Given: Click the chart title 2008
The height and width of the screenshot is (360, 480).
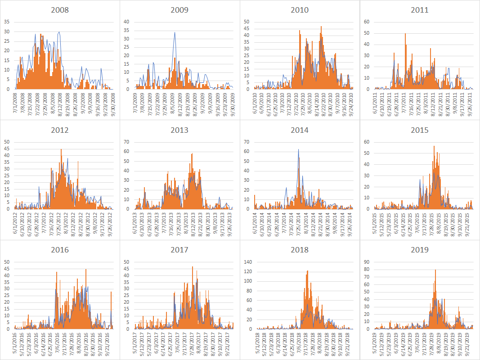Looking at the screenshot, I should point(60,10).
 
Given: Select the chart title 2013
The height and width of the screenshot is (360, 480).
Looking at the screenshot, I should point(179,130).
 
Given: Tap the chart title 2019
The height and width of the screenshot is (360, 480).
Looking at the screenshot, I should point(419,250).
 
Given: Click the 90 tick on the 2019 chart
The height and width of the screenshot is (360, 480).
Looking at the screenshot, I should point(368,262).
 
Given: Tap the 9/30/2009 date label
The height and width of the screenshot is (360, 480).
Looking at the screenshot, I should point(232,102).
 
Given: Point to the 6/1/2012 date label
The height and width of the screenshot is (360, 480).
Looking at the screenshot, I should point(16,222).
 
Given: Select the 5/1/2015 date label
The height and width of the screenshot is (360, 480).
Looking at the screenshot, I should point(376,222).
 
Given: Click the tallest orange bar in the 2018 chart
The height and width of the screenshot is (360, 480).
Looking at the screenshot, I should point(308,271).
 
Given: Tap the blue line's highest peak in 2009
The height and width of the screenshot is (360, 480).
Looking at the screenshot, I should point(175,32).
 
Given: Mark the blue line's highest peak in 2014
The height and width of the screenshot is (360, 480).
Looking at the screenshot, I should point(298,149).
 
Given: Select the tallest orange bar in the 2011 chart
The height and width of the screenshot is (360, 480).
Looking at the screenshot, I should point(405,34).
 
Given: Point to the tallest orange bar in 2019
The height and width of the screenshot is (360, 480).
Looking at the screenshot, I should point(435,270).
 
